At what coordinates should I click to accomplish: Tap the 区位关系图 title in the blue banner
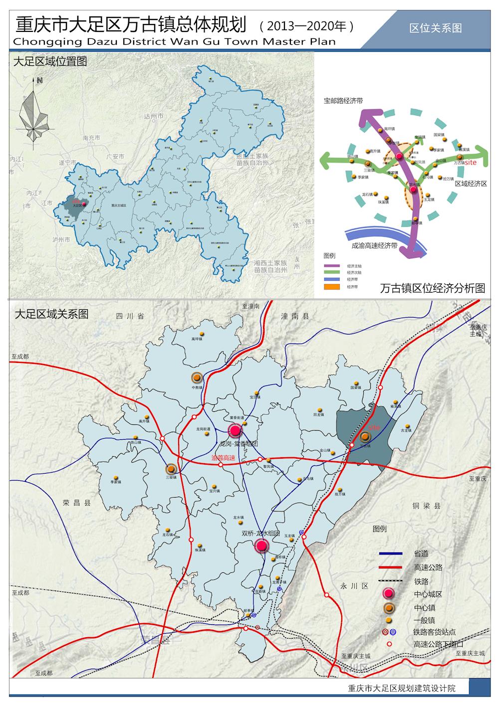pos(436,28)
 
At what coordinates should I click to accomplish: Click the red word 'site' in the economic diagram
pos(471,162)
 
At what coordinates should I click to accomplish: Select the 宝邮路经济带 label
pos(343,101)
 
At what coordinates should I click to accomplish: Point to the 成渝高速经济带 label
pos(374,245)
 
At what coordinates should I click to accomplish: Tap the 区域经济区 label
pos(471,183)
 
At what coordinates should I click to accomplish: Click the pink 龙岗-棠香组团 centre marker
pos(235,430)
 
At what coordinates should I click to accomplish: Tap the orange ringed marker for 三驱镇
pos(171,469)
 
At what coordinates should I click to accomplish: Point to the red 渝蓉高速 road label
pos(223,457)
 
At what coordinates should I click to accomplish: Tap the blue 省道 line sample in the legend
pos(391,553)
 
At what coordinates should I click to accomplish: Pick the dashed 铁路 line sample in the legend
pos(391,581)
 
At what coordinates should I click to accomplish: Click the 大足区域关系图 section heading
pos(51,314)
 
